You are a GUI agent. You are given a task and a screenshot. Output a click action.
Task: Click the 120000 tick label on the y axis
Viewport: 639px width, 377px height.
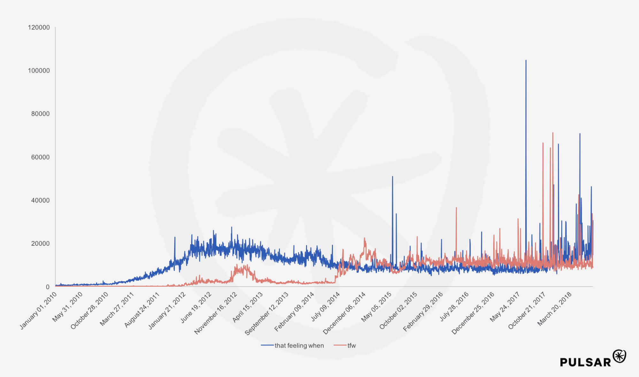click(x=39, y=27)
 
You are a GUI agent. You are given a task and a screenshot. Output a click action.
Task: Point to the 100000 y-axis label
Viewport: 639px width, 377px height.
click(x=39, y=71)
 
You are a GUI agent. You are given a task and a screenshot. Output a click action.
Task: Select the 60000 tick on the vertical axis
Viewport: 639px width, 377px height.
click(x=40, y=157)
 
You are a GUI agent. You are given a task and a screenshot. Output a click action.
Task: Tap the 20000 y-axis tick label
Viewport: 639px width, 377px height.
click(x=40, y=243)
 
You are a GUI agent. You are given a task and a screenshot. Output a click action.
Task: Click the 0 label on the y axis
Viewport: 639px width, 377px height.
click(x=48, y=287)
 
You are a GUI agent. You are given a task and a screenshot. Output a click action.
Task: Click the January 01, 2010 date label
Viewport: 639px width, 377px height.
click(x=38, y=310)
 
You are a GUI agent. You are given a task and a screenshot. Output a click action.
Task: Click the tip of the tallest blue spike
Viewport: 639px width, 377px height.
click(x=526, y=60)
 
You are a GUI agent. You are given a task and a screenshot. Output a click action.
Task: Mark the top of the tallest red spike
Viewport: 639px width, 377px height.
click(x=553, y=133)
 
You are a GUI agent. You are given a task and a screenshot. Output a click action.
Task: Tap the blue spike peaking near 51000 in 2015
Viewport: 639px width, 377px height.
click(x=392, y=177)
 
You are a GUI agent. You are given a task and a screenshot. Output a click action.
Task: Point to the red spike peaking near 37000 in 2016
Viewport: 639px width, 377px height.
click(x=456, y=208)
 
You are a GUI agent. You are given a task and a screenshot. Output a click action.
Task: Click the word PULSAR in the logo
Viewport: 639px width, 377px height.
click(x=585, y=362)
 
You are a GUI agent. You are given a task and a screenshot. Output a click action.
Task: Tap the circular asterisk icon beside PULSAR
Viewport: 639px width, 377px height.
click(x=620, y=356)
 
